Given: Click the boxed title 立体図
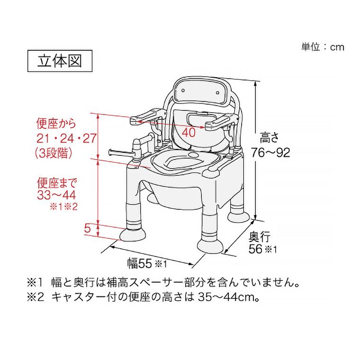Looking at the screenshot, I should tap(56, 62).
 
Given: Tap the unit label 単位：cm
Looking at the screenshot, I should tap(322, 47).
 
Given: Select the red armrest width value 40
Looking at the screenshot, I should tap(189, 133).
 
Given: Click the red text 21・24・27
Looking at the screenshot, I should tap(66, 138).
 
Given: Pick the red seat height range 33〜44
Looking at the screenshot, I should tap(56, 195).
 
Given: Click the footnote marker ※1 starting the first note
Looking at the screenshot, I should tap(36, 282).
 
